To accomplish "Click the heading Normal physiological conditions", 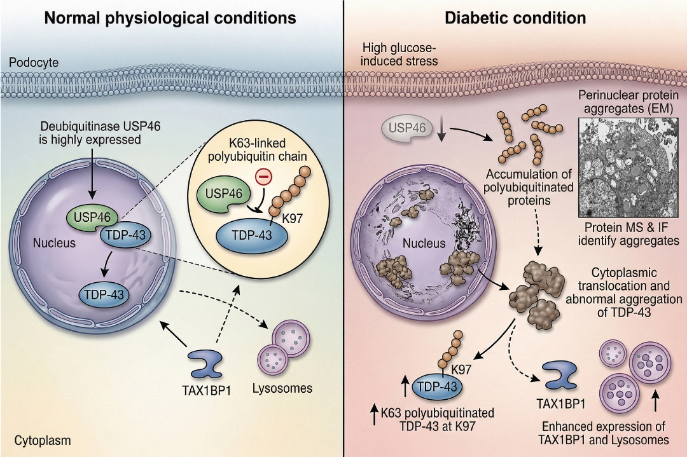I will click(x=171, y=18).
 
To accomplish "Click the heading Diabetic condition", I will click(x=515, y=18).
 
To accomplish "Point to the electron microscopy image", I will click(x=630, y=167).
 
